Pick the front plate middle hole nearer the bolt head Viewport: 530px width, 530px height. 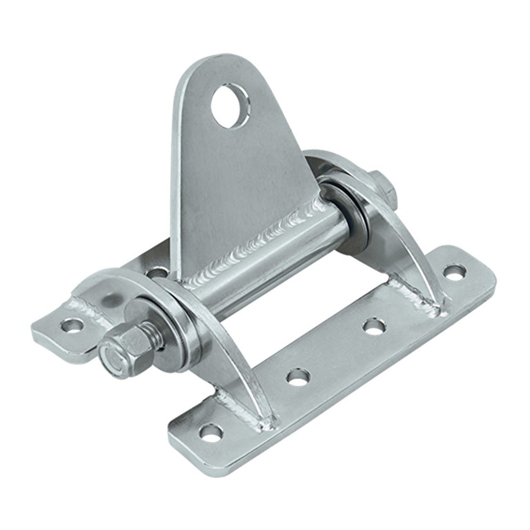pyautogui.click(x=372, y=326)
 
